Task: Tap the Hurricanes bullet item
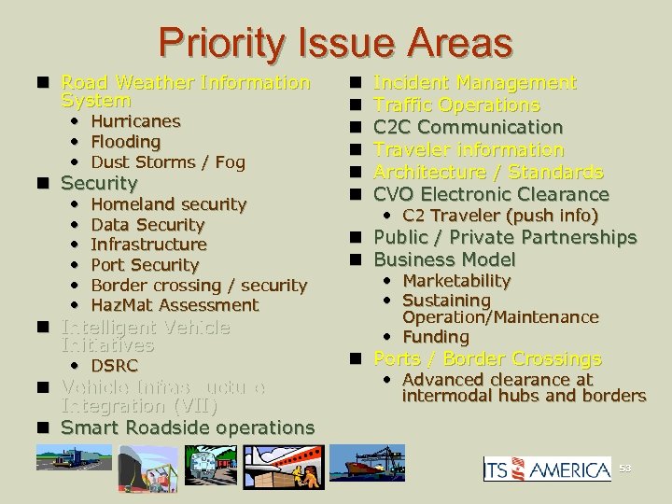pyautogui.click(x=135, y=121)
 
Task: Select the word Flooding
pyautogui.click(x=125, y=142)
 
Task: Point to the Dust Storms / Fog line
pyautogui.click(x=168, y=162)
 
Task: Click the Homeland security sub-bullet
pyautogui.click(x=168, y=204)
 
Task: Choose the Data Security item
pyautogui.click(x=147, y=225)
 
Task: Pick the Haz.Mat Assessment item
pyautogui.click(x=175, y=305)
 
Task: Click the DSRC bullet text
pyautogui.click(x=115, y=366)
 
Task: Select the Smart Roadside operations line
pyautogui.click(x=187, y=427)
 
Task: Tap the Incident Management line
pyautogui.click(x=474, y=83)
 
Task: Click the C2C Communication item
pyautogui.click(x=468, y=127)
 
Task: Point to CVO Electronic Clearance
pyautogui.click(x=491, y=194)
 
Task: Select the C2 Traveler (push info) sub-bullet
pyautogui.click(x=499, y=216)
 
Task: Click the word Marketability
pyautogui.click(x=456, y=281)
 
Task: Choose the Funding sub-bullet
pyautogui.click(x=435, y=337)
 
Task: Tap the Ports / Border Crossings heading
pyautogui.click(x=487, y=358)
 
